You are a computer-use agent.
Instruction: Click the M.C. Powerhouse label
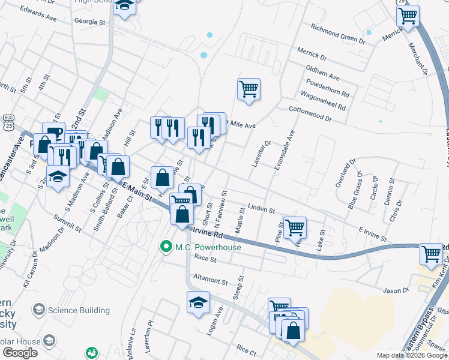tap(208, 247)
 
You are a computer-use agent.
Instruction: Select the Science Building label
tap(79, 310)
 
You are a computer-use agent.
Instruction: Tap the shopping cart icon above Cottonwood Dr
tap(249, 89)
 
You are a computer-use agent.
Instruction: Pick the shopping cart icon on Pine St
tap(295, 227)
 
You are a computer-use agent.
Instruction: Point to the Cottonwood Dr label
tap(310, 114)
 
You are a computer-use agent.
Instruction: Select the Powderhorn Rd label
tap(327, 90)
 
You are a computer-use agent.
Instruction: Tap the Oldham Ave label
tap(322, 74)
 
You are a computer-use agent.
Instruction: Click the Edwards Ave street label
tap(37, 14)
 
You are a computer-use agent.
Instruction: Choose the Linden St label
tap(261, 208)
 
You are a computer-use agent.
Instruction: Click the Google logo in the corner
tap(20, 352)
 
